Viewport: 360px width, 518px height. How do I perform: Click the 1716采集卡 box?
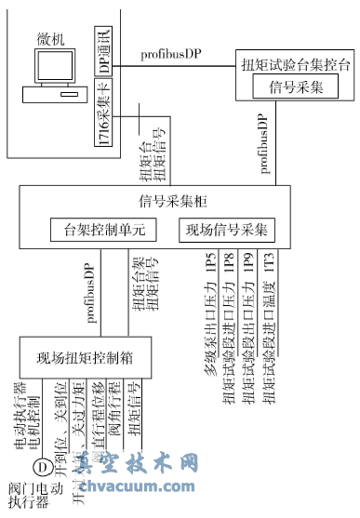point(103,114)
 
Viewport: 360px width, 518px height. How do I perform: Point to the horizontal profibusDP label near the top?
point(170,54)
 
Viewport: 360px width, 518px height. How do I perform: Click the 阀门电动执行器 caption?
point(33,495)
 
